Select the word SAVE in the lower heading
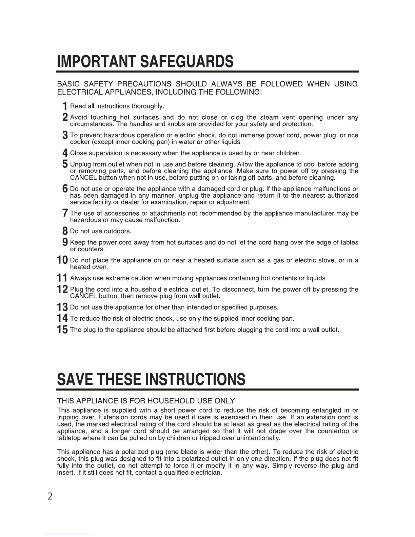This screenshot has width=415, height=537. pyautogui.click(x=76, y=379)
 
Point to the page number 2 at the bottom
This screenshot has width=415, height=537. pyautogui.click(x=50, y=496)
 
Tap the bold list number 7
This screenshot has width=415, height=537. pyautogui.click(x=65, y=214)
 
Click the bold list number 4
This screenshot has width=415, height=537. pyautogui.click(x=65, y=153)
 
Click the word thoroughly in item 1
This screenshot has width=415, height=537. pyautogui.click(x=148, y=106)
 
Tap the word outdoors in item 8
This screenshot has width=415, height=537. pyautogui.click(x=118, y=231)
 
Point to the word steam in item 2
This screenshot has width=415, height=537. pyautogui.click(x=269, y=117)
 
